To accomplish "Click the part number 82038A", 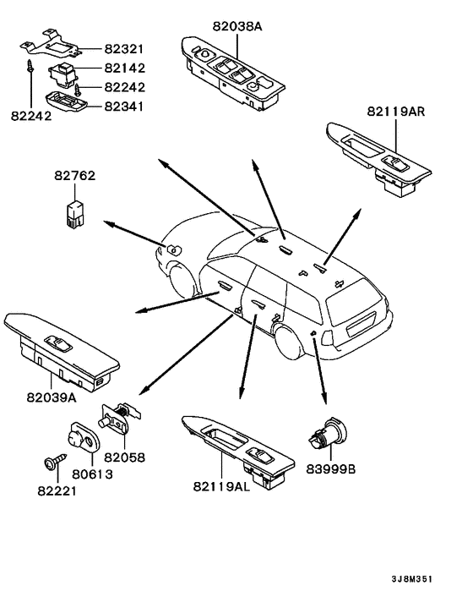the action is [237, 26].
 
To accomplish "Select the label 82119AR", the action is [396, 112].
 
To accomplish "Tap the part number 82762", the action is [75, 176].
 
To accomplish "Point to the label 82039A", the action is [52, 397].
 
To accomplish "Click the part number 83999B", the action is [331, 469].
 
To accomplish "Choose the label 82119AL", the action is [221, 486].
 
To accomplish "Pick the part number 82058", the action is [125, 457].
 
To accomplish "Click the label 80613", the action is [92, 474].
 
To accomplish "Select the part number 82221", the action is [57, 491].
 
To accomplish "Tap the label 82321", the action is [125, 49].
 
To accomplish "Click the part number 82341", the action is [125, 107].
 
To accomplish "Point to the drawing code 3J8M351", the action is [412, 579].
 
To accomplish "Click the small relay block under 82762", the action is [75, 216].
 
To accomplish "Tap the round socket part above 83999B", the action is [327, 434].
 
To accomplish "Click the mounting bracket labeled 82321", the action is [50, 45].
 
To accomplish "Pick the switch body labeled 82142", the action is [63, 74].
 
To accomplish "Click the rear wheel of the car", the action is [290, 342].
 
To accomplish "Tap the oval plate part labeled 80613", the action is [84, 436].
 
